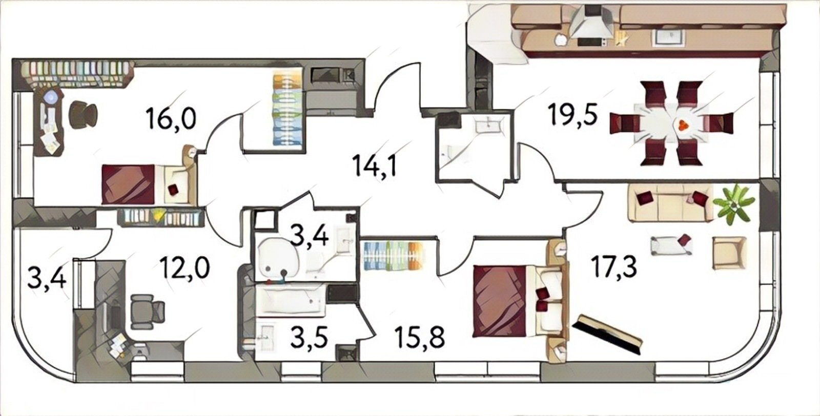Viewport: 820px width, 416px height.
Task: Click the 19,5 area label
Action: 572,114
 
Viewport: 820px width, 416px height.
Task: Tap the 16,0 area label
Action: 171,118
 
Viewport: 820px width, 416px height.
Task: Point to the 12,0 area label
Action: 185,267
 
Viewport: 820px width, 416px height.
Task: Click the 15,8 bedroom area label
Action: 420,337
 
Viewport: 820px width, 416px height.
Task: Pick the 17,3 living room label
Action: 614,267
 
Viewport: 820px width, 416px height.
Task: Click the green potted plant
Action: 733,205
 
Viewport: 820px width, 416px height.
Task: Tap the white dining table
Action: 672,125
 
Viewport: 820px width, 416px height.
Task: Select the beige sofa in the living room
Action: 670,202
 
